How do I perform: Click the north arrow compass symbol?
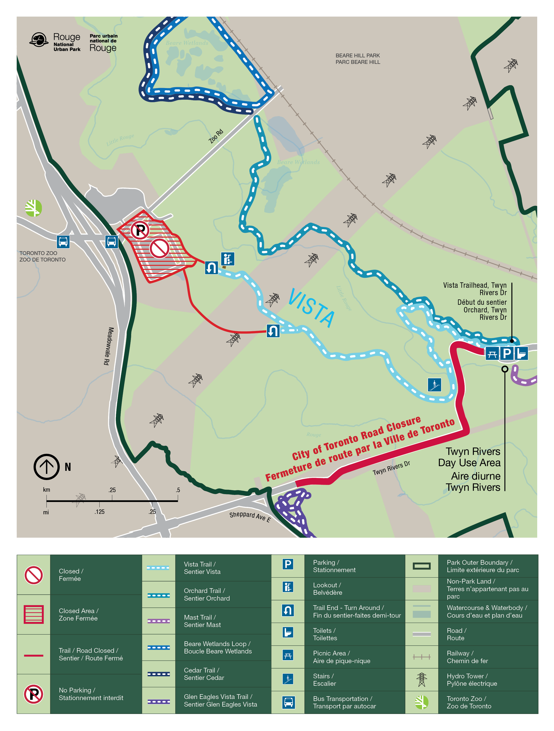47,467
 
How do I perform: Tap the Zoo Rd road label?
216,136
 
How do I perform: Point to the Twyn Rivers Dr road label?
391,468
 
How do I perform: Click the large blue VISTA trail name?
312,308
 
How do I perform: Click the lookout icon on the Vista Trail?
227,259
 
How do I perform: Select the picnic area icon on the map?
492,354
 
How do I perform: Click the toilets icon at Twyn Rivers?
521,354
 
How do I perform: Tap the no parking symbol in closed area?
140,230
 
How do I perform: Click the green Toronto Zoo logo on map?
33,208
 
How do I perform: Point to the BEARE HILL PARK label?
357,56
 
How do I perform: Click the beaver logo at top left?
39,40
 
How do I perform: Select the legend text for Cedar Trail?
204,674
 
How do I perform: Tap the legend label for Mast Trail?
202,621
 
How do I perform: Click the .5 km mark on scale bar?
178,501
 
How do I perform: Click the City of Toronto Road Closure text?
357,438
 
